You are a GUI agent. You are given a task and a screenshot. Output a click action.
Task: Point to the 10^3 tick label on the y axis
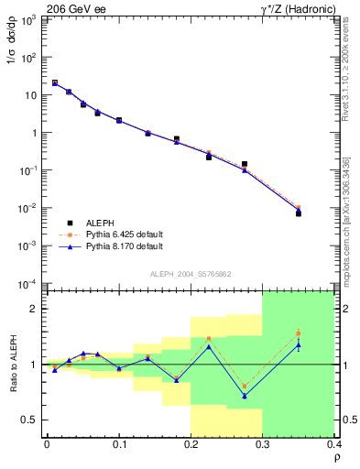click(x=27, y=19)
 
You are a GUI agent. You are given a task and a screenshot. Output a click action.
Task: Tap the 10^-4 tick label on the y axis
click(x=27, y=284)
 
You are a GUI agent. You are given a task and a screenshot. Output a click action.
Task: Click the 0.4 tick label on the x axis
click(x=333, y=444)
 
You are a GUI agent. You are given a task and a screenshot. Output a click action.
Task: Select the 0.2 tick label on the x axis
click(x=191, y=444)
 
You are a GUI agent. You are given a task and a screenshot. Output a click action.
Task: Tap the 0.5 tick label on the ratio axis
click(x=31, y=420)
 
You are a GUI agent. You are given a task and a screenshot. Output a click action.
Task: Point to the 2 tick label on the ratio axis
click(x=35, y=309)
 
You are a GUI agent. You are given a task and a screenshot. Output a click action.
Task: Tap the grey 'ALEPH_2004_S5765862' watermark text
click(x=190, y=274)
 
